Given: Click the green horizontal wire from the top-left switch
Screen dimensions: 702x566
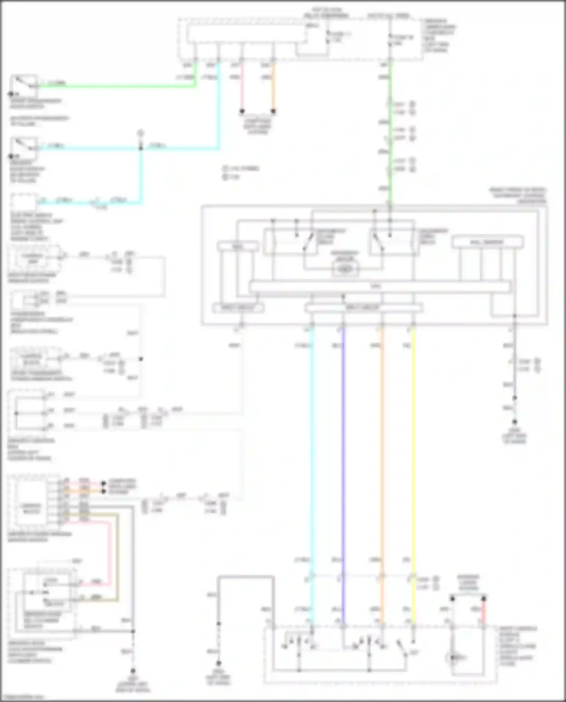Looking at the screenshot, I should tap(113, 86).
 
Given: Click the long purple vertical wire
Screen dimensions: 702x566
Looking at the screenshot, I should tap(343, 453).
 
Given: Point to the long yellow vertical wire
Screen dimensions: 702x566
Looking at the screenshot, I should tap(413, 453).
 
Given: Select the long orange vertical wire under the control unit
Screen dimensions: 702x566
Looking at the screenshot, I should tap(382, 453).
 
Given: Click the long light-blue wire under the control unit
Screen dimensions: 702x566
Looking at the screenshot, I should tap(312, 453).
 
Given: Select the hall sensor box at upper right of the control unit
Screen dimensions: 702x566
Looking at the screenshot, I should tap(487, 242).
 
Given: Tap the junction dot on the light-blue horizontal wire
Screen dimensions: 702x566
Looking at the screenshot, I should tap(141, 148).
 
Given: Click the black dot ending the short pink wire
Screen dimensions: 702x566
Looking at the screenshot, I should tap(242, 111).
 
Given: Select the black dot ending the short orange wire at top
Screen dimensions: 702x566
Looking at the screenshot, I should tap(273, 111).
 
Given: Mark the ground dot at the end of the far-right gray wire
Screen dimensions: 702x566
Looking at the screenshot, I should tap(514, 422).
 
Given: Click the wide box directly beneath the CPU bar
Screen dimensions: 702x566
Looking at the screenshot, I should tap(363, 308).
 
